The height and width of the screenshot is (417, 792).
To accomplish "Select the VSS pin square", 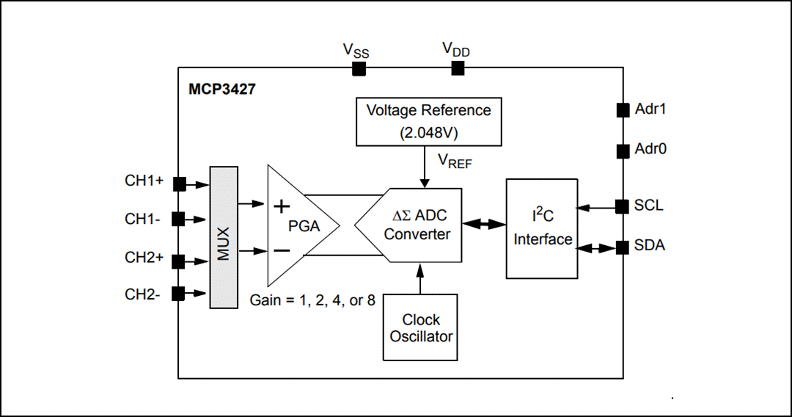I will [x=359, y=68].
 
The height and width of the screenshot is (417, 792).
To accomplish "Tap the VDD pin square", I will [x=458, y=68].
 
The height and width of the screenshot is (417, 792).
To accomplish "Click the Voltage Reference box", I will [x=428, y=121].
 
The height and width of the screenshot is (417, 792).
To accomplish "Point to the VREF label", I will [x=455, y=161].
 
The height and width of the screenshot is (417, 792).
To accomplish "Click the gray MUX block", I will [x=224, y=237].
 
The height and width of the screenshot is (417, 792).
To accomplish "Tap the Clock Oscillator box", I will [x=421, y=327].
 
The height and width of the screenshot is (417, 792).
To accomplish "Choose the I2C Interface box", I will [x=542, y=228].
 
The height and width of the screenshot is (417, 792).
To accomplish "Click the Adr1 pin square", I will [x=622, y=110].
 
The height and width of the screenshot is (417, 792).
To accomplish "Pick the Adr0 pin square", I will [x=622, y=151].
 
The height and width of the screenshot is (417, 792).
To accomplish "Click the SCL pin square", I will [x=622, y=206].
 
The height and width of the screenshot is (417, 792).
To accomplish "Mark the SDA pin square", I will [x=622, y=247].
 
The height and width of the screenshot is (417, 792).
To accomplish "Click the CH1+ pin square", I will [x=178, y=183].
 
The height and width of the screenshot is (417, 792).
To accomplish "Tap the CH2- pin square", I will [x=178, y=294].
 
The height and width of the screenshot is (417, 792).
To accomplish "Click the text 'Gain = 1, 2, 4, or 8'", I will [x=312, y=300].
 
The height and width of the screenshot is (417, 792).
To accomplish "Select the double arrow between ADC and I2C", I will [x=483, y=223].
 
